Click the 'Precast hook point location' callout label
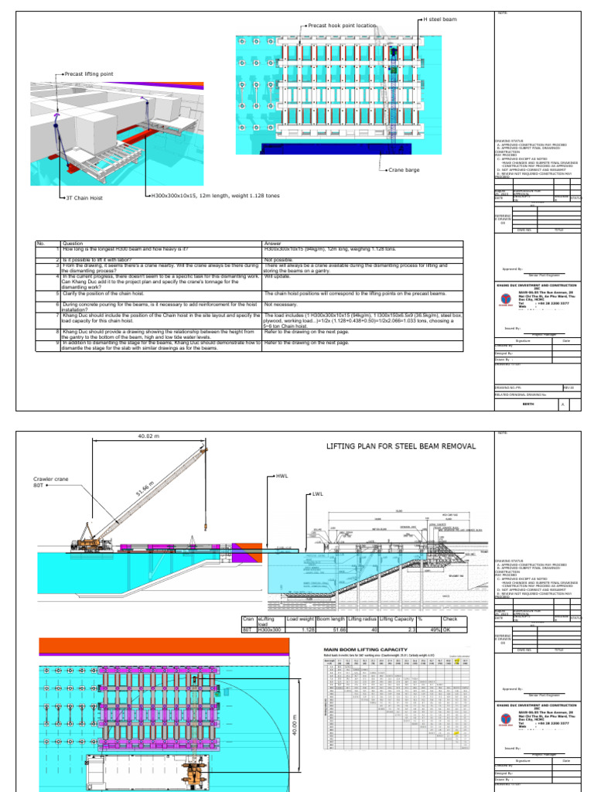coord(342,26)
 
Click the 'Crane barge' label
coord(404,169)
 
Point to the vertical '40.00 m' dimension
coord(295,708)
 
